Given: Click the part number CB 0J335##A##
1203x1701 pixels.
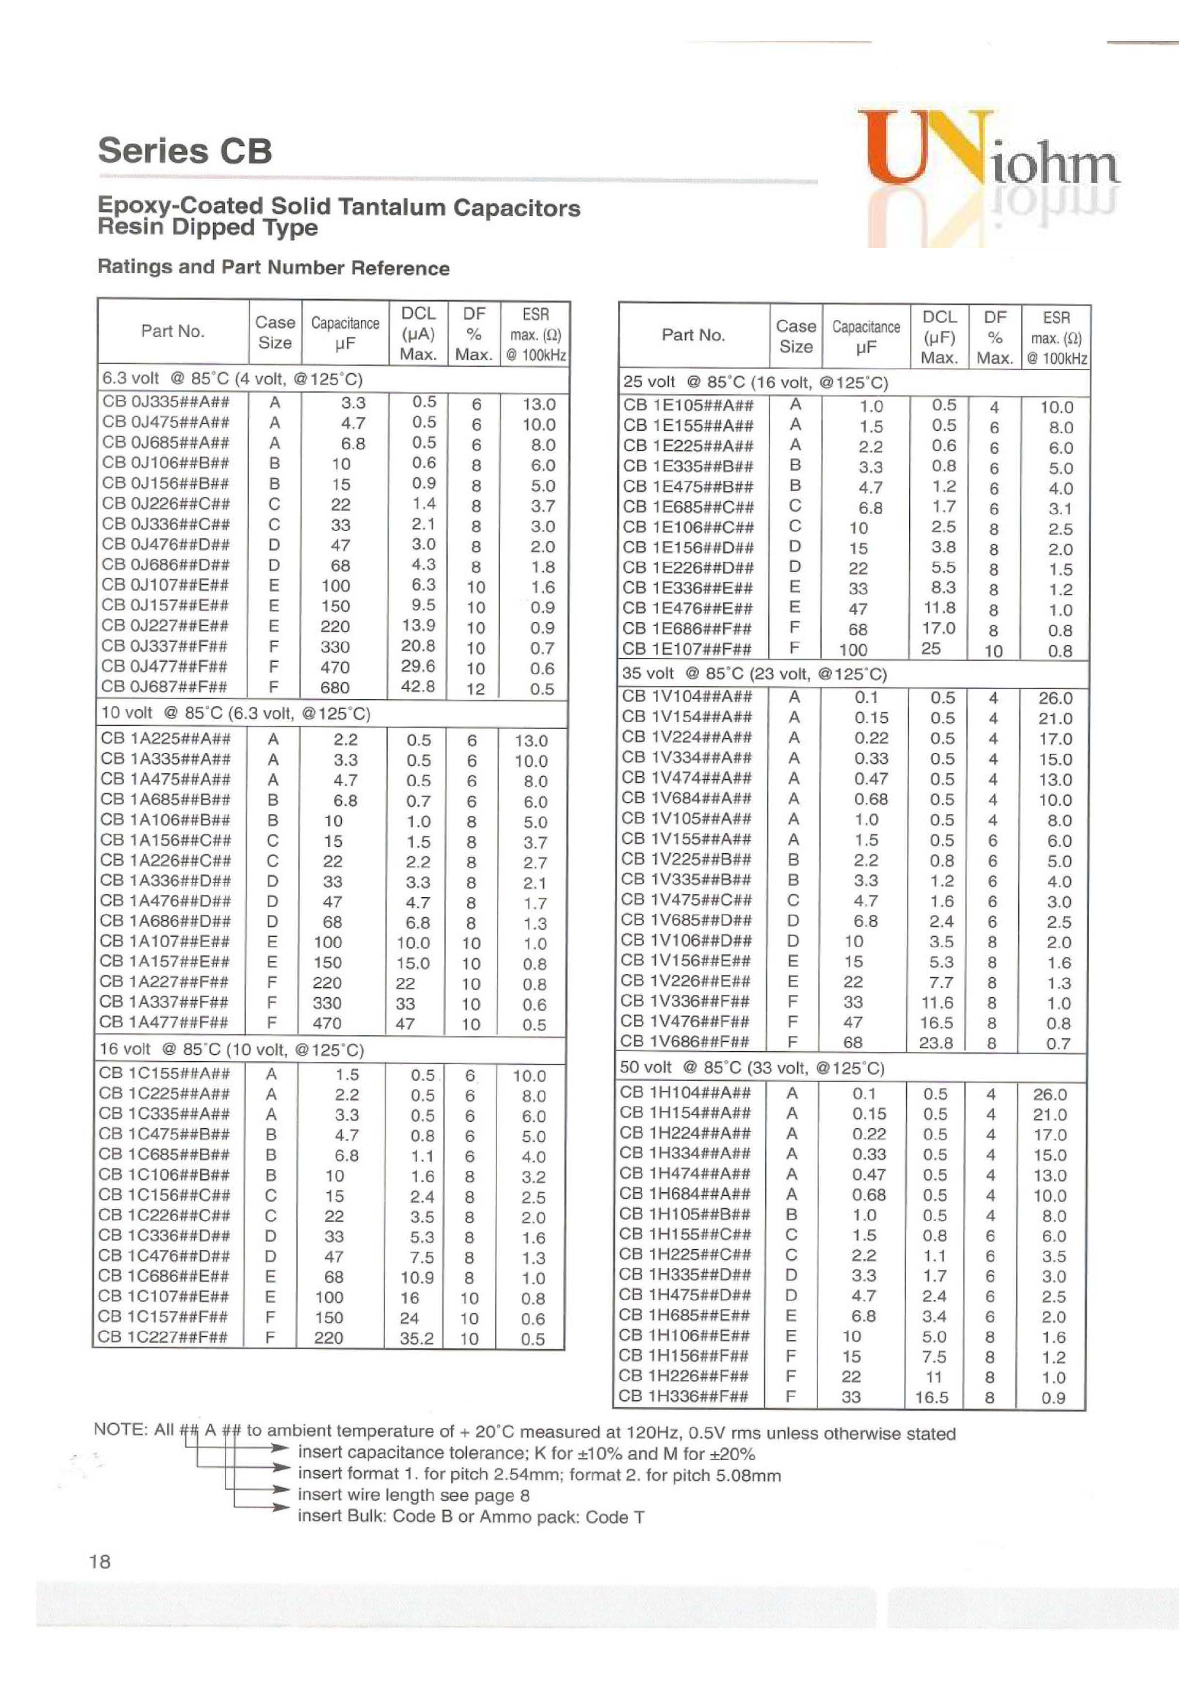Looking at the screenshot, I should [x=165, y=402].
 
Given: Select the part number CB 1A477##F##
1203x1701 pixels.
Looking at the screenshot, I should [x=164, y=1022].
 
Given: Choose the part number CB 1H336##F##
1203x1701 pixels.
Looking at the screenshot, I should [x=684, y=1396].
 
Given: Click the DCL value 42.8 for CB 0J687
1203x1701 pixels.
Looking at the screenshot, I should [x=418, y=687].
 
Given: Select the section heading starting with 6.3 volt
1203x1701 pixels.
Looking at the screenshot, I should [x=232, y=379].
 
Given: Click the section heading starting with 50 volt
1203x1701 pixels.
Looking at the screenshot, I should [x=752, y=1068].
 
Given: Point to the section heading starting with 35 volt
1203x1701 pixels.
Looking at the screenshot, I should [x=754, y=674].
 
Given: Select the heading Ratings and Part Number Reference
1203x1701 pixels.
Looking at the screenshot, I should [x=273, y=268].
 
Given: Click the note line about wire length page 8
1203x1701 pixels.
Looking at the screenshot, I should [x=413, y=1494].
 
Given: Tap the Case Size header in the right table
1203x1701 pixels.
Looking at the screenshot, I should [x=796, y=337].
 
